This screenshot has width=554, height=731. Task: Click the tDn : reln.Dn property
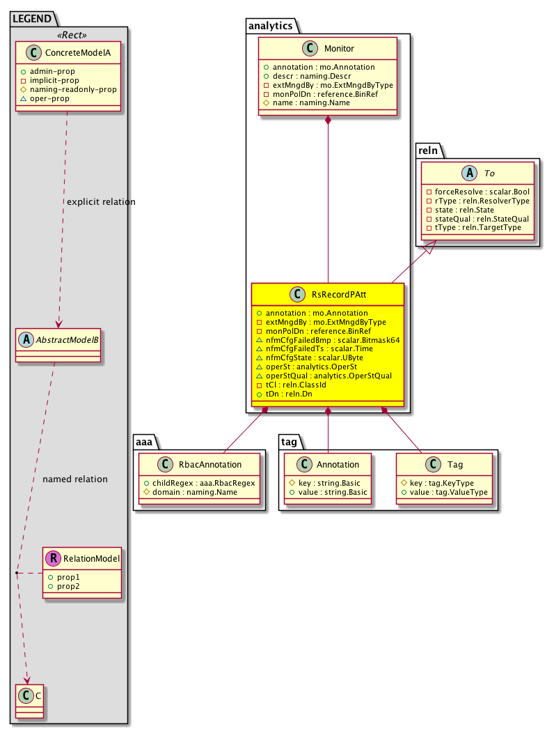click(288, 394)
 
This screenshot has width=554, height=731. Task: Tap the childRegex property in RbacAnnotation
click(200, 483)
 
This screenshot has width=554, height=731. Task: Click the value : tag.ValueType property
click(445, 492)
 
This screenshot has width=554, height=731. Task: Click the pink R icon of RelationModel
click(52, 558)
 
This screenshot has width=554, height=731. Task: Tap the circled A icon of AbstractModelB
click(26, 340)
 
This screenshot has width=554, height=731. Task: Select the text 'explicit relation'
click(101, 202)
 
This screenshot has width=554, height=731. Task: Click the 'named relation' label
click(75, 479)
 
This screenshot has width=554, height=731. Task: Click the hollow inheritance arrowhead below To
click(431, 246)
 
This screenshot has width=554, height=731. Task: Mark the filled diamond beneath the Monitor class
click(328, 121)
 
